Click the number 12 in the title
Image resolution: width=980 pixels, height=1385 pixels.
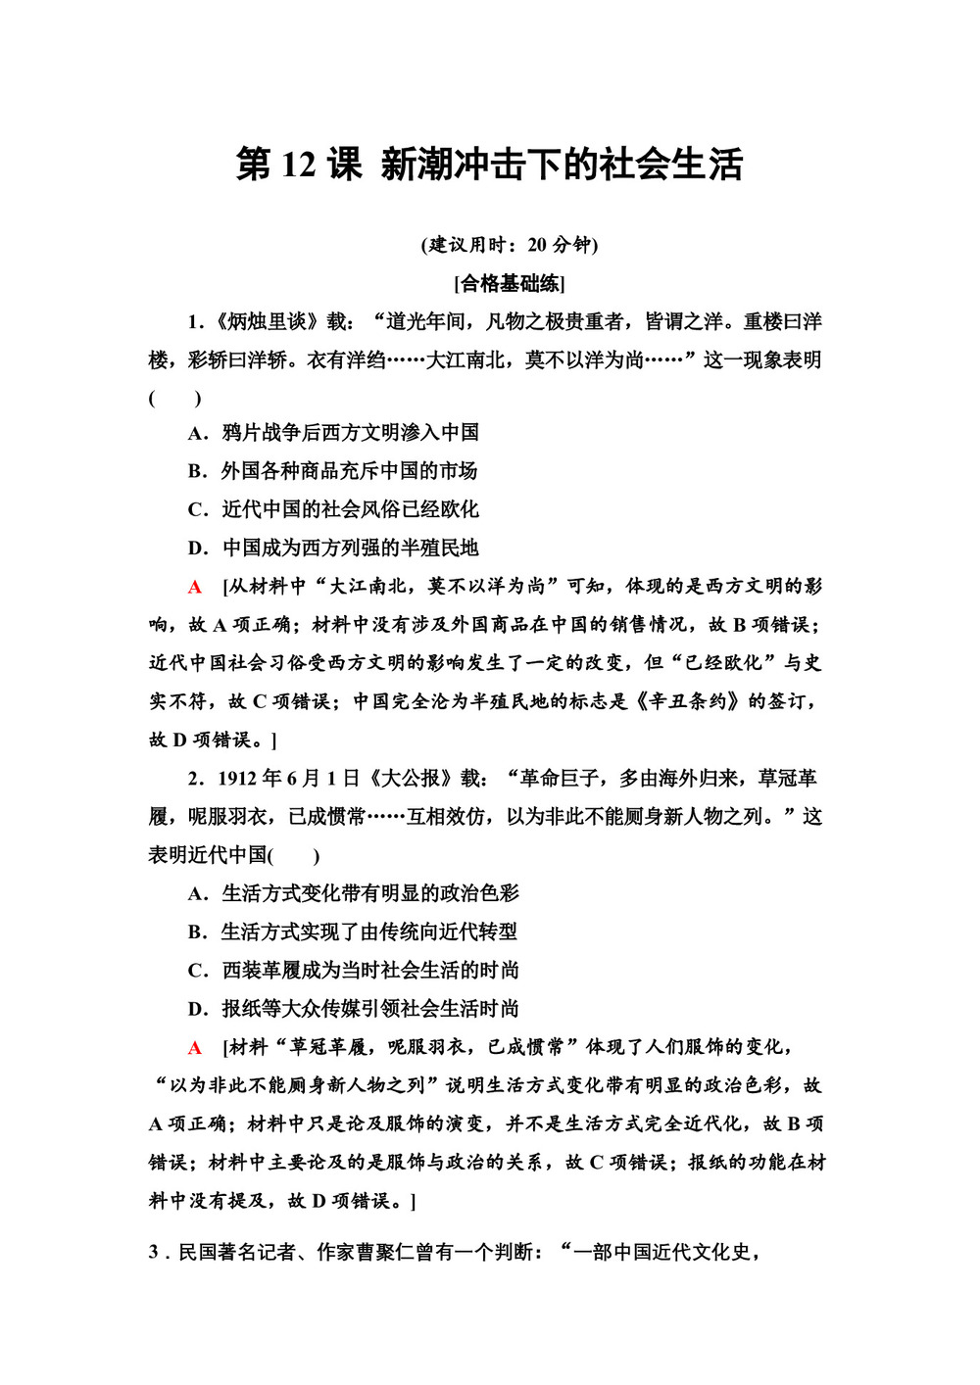tap(296, 165)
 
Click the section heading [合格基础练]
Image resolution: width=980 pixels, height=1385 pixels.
tap(510, 284)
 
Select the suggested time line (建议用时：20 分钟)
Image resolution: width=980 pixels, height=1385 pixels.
tap(510, 244)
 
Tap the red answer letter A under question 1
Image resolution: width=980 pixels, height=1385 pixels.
tap(195, 587)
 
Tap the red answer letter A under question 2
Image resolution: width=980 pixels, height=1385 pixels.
tap(195, 1048)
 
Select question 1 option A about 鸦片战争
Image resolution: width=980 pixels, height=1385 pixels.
tap(333, 433)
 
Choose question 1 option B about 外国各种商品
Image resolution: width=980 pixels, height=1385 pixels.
tap(332, 471)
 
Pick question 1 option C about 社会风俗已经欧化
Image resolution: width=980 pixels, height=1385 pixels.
tap(333, 509)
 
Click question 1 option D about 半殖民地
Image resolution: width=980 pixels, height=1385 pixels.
tap(333, 548)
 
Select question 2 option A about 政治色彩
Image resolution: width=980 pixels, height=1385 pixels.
tap(353, 893)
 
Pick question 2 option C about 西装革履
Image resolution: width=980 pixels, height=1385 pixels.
tap(353, 971)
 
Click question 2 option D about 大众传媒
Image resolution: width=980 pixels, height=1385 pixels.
tap(353, 1009)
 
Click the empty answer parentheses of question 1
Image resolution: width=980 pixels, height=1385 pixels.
tap(175, 399)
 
